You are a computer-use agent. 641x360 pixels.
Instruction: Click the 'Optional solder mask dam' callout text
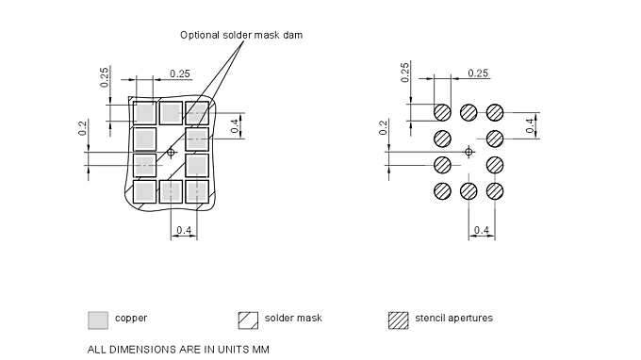coord(240,35)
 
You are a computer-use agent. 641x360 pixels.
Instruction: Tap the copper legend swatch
coord(96,319)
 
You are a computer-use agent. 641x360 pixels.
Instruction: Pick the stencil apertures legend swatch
coord(398,319)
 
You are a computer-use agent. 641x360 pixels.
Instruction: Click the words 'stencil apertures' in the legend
coord(453,319)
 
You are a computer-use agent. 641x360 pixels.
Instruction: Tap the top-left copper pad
coord(144,112)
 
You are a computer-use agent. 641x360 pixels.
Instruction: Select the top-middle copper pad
coord(171,112)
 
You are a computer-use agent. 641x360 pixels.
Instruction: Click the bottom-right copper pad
coord(197,191)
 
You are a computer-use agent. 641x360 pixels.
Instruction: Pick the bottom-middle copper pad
coord(171,191)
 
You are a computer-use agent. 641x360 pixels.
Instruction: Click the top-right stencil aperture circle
coord(495,112)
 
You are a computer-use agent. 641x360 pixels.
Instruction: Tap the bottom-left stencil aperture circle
coord(442,191)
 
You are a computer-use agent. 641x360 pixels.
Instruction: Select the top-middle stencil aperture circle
coord(468,112)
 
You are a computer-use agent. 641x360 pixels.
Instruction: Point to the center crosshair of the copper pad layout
coord(171,152)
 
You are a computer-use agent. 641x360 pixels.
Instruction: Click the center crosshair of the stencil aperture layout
coord(468,152)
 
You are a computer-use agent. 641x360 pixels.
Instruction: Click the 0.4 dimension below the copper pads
coord(184,231)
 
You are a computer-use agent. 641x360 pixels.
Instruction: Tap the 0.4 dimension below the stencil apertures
coord(482,231)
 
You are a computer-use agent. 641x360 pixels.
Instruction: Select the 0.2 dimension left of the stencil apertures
coord(384,127)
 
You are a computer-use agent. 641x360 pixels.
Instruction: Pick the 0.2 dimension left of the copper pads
coord(83,127)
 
